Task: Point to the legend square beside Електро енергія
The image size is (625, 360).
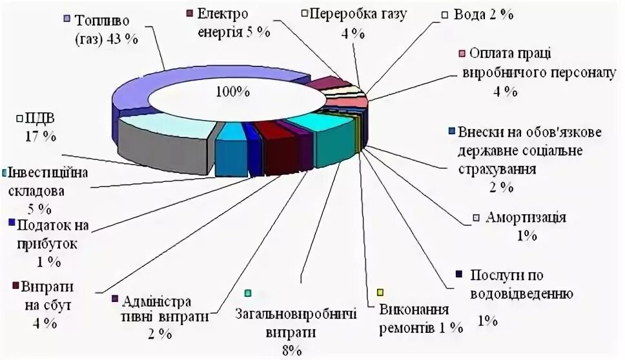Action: click(x=189, y=13)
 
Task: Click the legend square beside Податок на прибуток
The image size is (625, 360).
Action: click(x=12, y=224)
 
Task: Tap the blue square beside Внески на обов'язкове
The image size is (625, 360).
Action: click(x=452, y=132)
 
